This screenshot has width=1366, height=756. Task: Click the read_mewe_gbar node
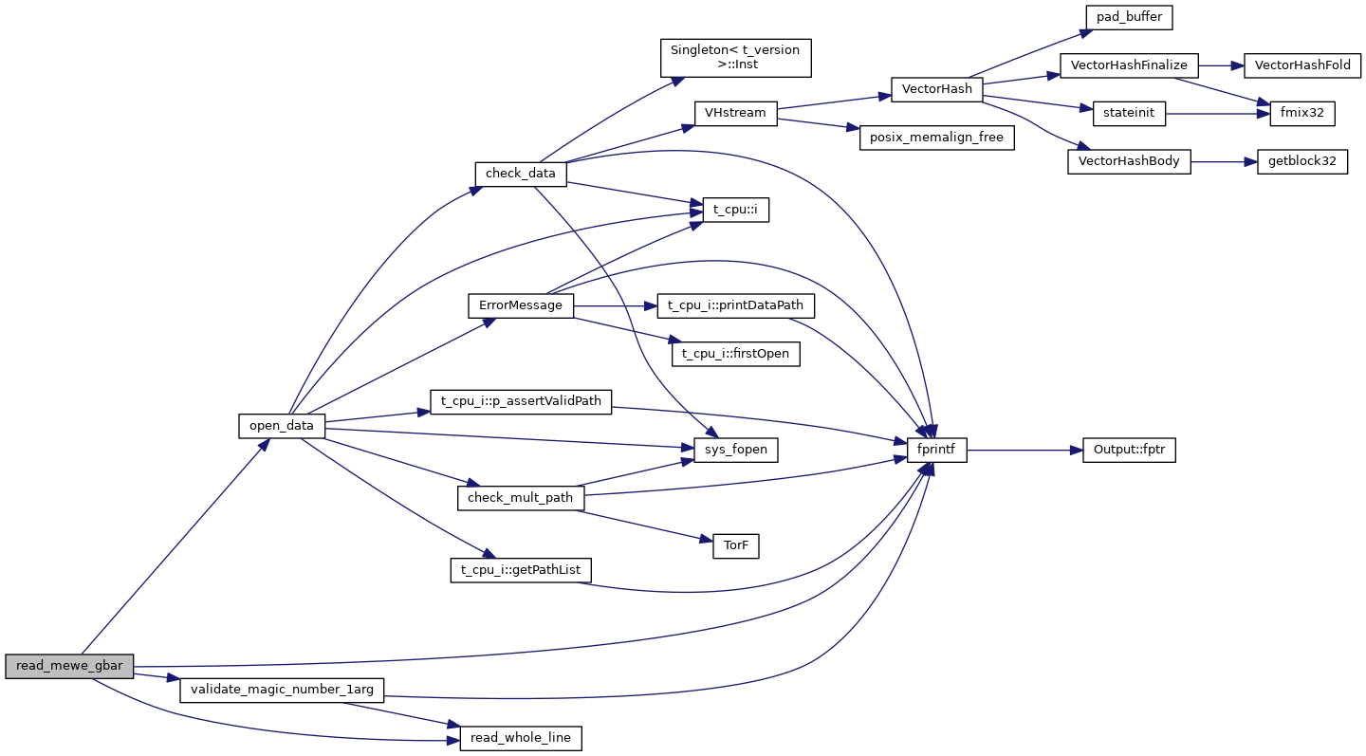[x=69, y=666]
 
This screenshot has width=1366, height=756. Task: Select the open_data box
[x=281, y=426]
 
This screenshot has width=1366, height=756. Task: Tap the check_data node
[x=520, y=174]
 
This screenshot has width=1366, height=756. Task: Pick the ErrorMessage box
[x=521, y=305]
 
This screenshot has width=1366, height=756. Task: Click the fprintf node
[x=937, y=451]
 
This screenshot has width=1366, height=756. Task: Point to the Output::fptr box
[x=1129, y=451]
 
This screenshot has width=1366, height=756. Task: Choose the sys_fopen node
[x=735, y=451]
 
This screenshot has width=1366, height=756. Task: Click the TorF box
[x=735, y=546]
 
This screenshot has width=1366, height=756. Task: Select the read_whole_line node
[x=520, y=738]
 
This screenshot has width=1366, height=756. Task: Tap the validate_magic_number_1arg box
[x=282, y=690]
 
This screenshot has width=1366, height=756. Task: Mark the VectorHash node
[x=936, y=89]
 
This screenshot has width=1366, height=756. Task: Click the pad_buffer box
[x=1129, y=17]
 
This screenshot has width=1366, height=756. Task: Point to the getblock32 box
[x=1301, y=161]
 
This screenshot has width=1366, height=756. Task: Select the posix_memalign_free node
[x=936, y=138]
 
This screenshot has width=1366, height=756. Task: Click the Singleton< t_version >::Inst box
[x=735, y=58]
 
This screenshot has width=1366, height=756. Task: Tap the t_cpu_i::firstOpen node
[x=735, y=354]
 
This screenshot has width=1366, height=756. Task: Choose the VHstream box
[x=735, y=113]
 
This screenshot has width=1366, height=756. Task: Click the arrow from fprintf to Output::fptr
[x=1024, y=451]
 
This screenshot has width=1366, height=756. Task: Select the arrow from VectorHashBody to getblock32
[x=1224, y=161]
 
